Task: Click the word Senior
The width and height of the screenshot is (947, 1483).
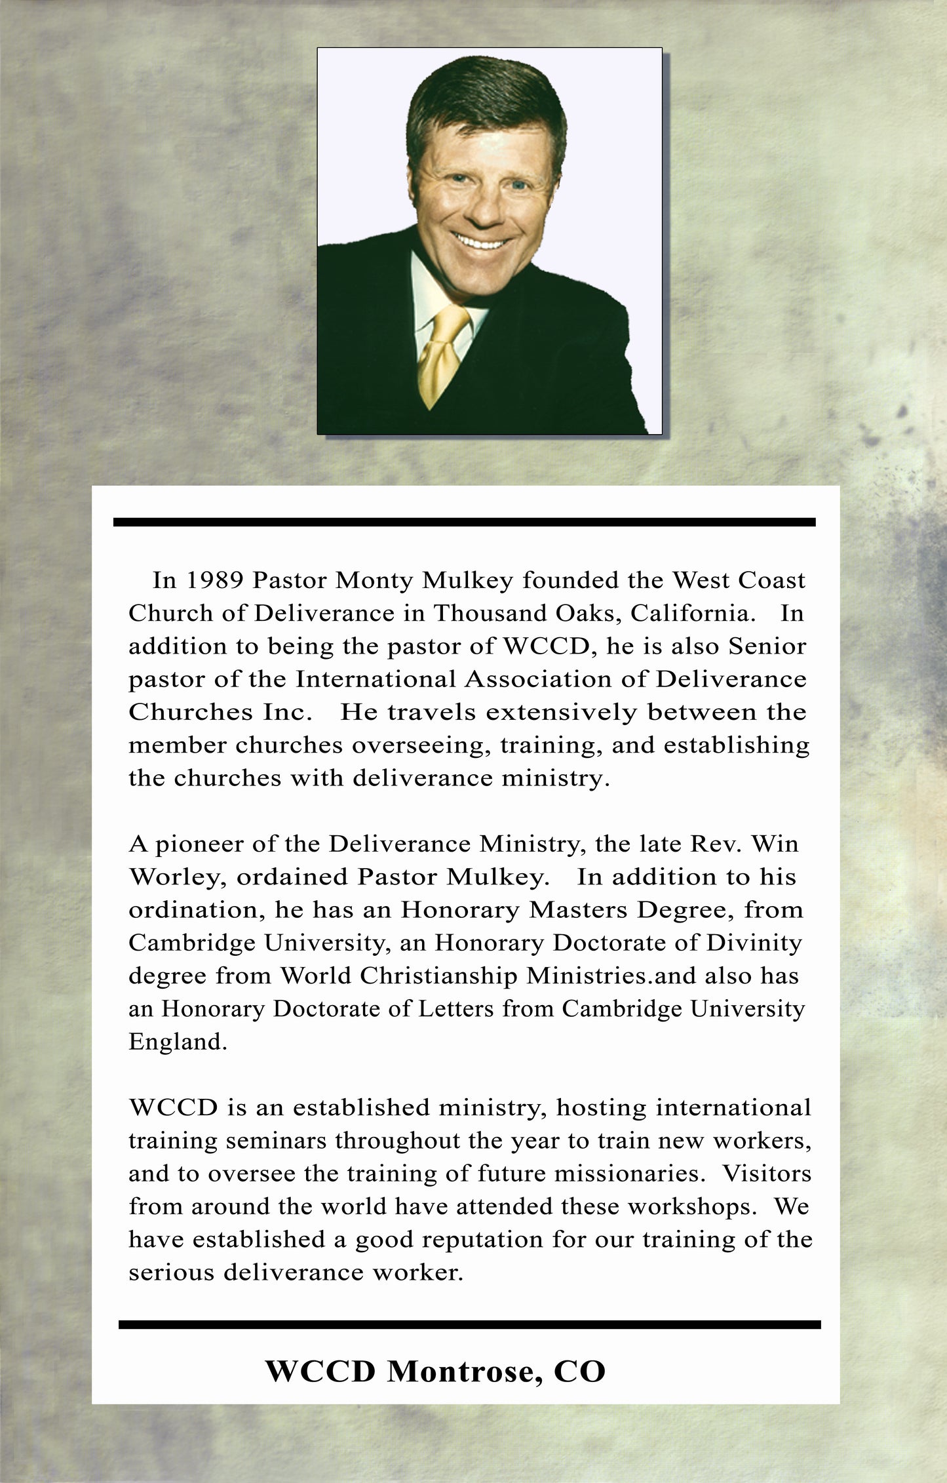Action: coord(767,646)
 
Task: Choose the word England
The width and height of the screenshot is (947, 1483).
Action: coord(178,1041)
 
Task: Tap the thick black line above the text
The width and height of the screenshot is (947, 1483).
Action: coord(464,522)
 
